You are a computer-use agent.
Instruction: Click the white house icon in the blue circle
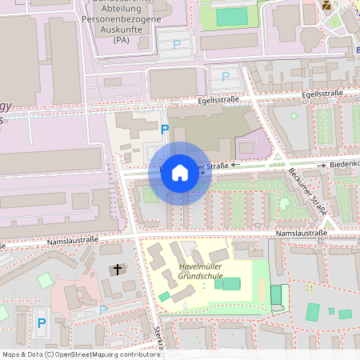(x=180, y=173)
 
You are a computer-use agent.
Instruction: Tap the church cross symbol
(x=117, y=270)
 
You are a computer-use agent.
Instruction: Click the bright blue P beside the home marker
(x=165, y=129)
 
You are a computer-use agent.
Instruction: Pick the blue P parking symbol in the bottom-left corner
(x=41, y=323)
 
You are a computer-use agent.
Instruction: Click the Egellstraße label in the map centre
(x=221, y=101)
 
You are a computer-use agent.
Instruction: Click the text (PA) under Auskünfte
(x=122, y=38)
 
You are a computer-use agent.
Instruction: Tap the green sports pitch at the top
(x=232, y=16)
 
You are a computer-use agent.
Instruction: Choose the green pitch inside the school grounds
(x=230, y=284)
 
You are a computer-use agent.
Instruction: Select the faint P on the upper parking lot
(x=176, y=45)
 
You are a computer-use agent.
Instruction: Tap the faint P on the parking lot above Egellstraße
(x=225, y=77)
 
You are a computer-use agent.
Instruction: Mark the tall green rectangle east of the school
(x=277, y=296)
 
